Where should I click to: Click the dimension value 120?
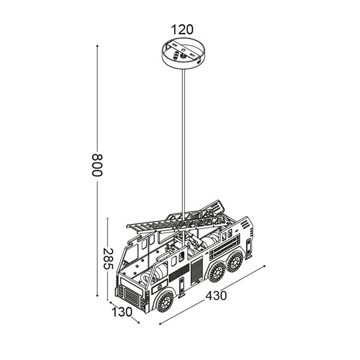[182, 29]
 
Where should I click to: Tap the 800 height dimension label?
[97, 165]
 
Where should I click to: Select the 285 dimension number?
[107, 259]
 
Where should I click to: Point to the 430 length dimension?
[216, 295]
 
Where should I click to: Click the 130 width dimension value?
[122, 312]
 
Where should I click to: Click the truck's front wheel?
[165, 302]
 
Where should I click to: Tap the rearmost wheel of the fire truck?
[235, 261]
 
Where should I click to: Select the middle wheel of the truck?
[217, 272]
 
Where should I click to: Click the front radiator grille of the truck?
[131, 296]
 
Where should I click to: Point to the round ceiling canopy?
[184, 53]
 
